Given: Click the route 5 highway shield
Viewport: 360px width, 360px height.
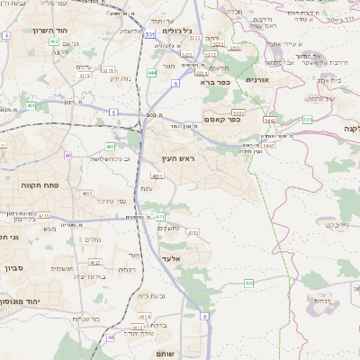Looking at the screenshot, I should [x=114, y=112].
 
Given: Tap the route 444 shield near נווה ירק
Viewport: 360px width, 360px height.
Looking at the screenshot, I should [x=151, y=72].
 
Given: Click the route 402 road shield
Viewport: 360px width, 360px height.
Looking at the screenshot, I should [x=54, y=41].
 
